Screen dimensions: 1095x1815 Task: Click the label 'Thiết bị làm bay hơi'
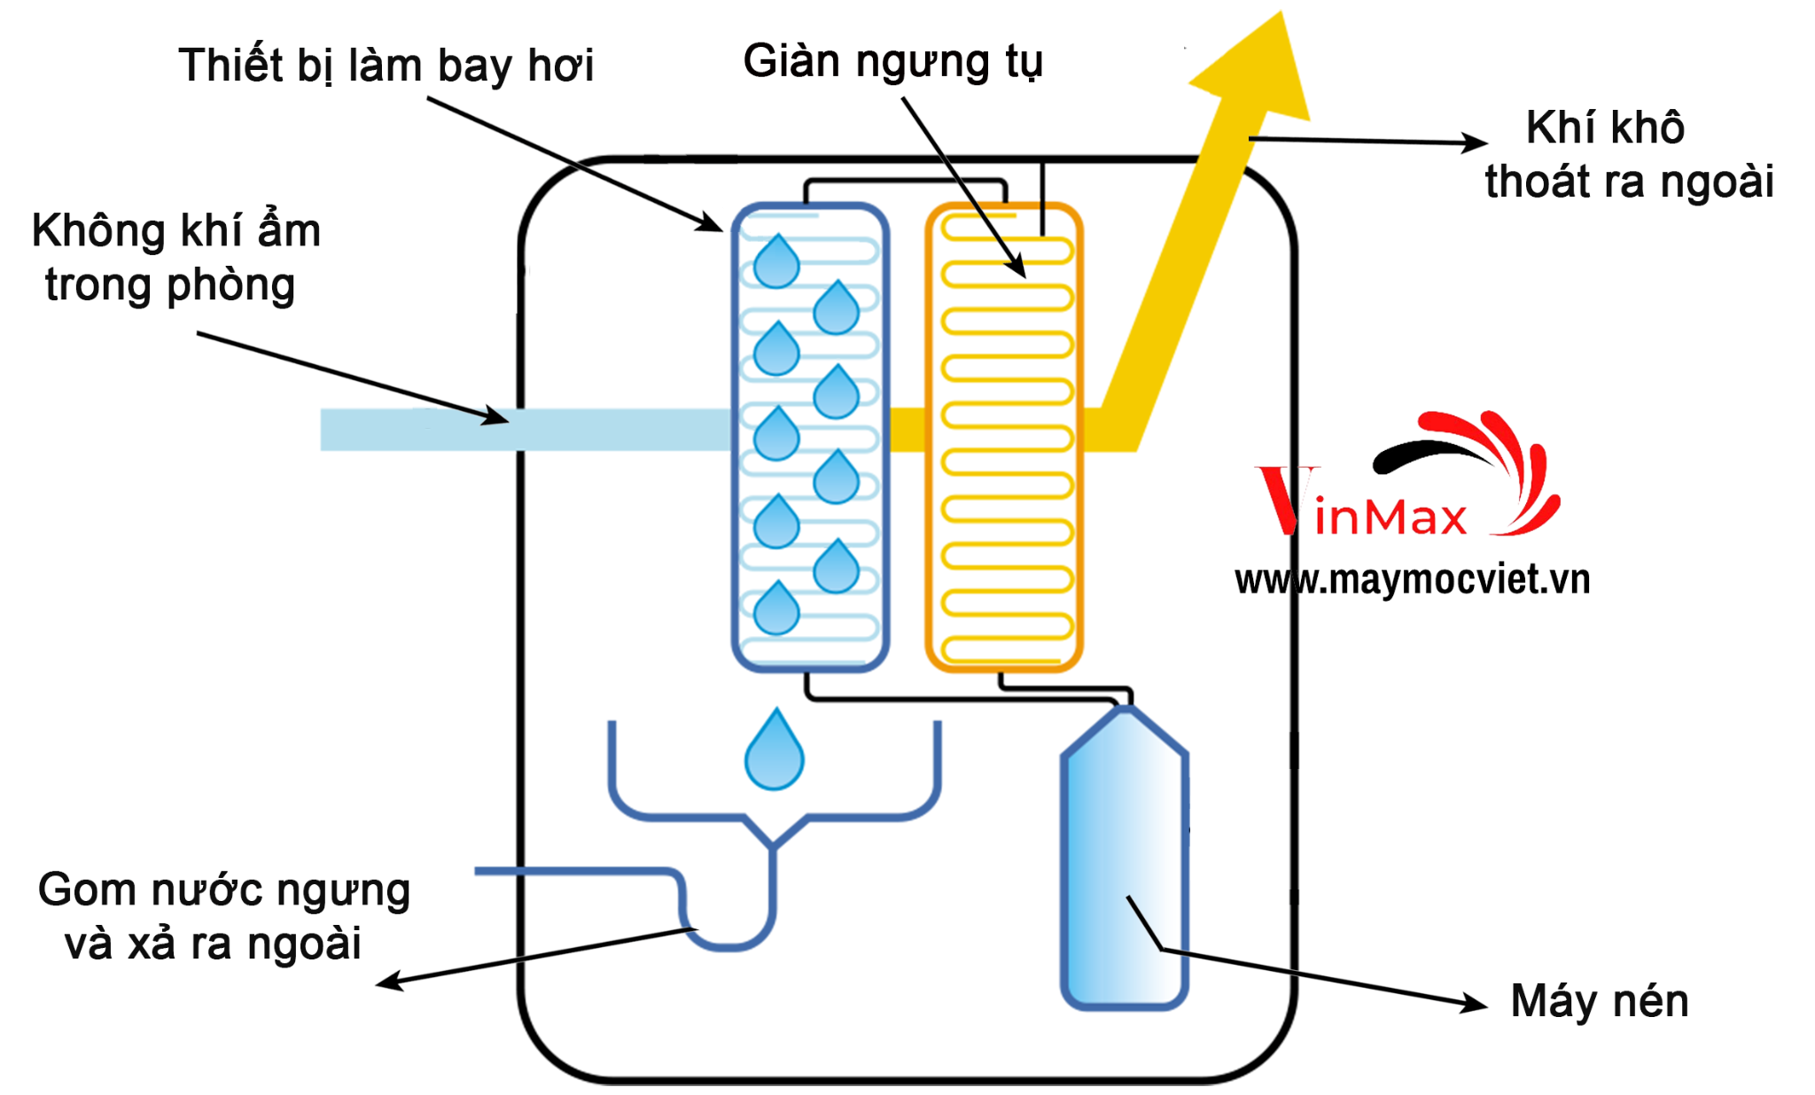point(386,66)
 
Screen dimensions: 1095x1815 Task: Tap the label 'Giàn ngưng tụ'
point(892,61)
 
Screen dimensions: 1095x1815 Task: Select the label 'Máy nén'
point(1599,1001)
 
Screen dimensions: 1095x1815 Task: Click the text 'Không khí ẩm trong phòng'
point(175,257)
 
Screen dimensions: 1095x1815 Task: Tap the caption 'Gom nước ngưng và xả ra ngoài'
point(222,916)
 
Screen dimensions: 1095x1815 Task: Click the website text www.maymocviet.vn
point(1412,579)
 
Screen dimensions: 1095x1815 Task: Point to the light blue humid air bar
point(523,430)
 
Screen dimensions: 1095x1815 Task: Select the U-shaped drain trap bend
point(728,939)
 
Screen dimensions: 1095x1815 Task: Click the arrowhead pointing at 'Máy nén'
point(1476,1004)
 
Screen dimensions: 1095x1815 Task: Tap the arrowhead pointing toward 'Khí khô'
point(1476,143)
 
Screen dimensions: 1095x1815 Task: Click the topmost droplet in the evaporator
point(776,261)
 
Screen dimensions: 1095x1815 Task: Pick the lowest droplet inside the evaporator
point(776,609)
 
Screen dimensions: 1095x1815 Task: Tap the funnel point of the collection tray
point(774,843)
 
